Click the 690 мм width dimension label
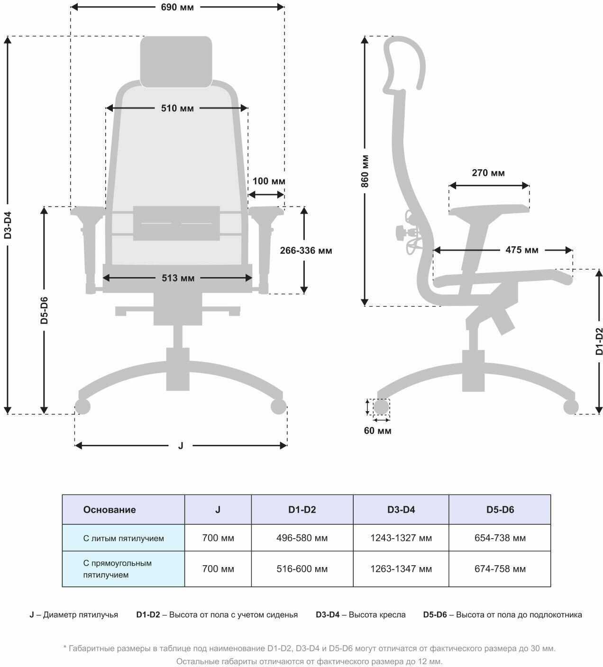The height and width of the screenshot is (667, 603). pyautogui.click(x=177, y=7)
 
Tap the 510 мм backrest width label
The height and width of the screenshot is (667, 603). pyautogui.click(x=177, y=108)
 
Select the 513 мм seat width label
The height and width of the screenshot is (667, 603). pyautogui.click(x=178, y=278)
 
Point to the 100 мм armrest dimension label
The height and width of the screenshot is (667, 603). pyautogui.click(x=269, y=181)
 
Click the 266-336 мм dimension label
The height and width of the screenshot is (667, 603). pyautogui.click(x=306, y=251)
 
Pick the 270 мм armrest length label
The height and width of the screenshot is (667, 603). pyautogui.click(x=488, y=173)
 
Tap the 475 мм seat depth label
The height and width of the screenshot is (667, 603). pyautogui.click(x=522, y=250)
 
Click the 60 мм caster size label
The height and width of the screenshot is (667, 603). pyautogui.click(x=377, y=431)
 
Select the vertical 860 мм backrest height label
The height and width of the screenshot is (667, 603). pyautogui.click(x=365, y=171)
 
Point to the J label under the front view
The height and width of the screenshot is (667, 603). pyautogui.click(x=181, y=446)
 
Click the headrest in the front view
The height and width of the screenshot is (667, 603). pyautogui.click(x=176, y=62)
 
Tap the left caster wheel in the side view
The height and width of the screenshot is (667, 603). pyautogui.click(x=381, y=407)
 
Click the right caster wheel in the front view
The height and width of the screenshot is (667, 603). pyautogui.click(x=279, y=406)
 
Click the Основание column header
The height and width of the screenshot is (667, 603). pyautogui.click(x=110, y=510)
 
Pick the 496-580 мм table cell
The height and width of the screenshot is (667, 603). pyautogui.click(x=302, y=538)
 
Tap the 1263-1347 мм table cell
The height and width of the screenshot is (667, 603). pyautogui.click(x=401, y=569)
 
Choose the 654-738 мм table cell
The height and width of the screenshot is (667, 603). pyautogui.click(x=500, y=538)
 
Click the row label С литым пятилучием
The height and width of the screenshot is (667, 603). pyautogui.click(x=123, y=538)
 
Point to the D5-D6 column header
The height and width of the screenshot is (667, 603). pyautogui.click(x=500, y=510)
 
